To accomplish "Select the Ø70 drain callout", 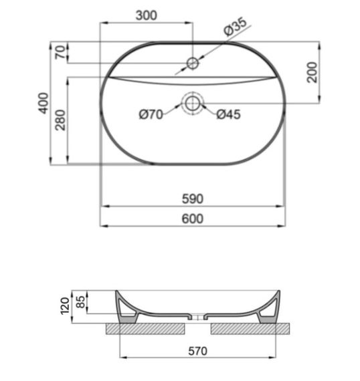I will [x=151, y=114].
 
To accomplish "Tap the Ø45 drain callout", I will [x=228, y=114].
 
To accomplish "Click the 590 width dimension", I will [x=192, y=199].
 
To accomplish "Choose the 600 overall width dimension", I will [x=192, y=219].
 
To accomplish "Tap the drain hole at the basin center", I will [x=192, y=102].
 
